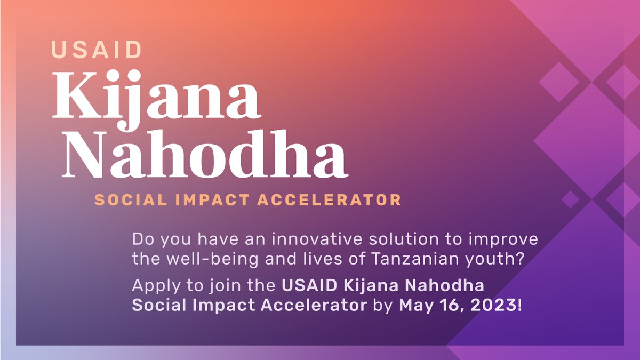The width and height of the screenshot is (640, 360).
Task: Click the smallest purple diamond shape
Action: (570, 199)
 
